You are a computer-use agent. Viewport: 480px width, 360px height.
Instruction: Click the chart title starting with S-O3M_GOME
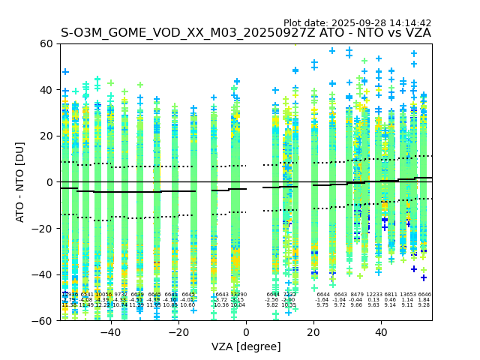tap(246, 33)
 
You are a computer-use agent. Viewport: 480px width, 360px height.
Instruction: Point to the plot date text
tap(357, 23)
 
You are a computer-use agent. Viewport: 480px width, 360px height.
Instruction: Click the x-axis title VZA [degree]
tap(246, 346)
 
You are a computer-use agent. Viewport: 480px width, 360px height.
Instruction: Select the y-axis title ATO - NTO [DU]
tap(20, 182)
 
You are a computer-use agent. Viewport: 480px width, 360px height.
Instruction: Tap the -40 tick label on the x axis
tap(110, 332)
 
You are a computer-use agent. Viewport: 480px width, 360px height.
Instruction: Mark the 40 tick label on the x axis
tap(381, 332)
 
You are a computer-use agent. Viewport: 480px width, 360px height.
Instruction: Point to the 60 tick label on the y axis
tap(46, 43)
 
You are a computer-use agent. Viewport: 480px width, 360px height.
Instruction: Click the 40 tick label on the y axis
tap(46, 90)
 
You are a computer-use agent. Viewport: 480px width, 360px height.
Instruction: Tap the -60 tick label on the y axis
tap(43, 320)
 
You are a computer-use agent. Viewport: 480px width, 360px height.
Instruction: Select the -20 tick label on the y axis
tap(43, 228)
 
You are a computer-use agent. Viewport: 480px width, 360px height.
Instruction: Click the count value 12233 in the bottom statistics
tap(373, 295)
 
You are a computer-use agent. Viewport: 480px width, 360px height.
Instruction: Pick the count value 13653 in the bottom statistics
tap(407, 295)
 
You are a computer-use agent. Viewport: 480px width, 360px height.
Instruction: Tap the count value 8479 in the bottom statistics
tap(357, 295)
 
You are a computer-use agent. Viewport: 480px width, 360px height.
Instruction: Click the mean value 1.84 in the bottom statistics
tap(424, 300)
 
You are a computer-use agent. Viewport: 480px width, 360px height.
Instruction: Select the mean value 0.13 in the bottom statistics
tap(373, 300)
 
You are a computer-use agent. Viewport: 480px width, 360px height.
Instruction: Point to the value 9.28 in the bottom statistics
tap(424, 305)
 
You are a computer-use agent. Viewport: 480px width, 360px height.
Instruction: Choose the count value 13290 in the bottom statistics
tap(238, 295)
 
